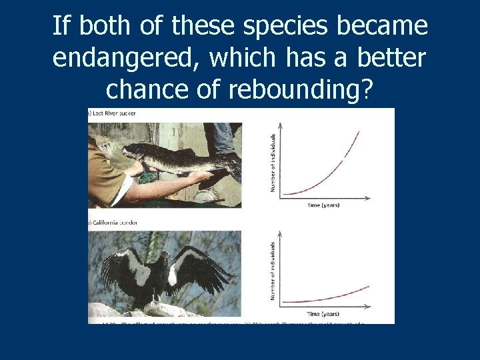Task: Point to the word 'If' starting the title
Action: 61,27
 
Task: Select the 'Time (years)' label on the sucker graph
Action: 323,205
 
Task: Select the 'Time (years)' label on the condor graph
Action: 323,313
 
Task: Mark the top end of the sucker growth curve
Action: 359,131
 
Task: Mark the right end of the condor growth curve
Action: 368,287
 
